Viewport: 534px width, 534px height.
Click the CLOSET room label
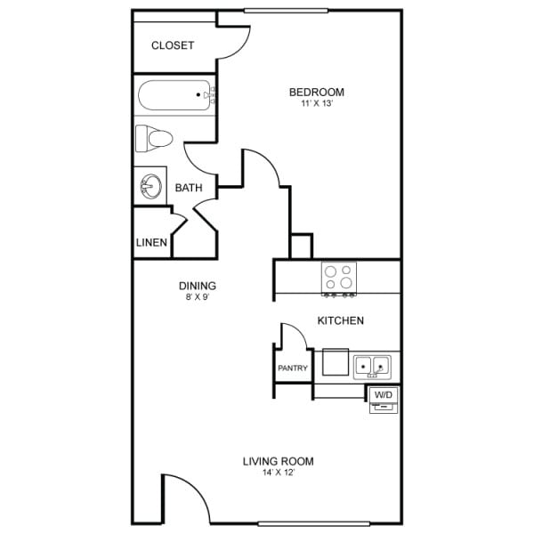click(x=173, y=45)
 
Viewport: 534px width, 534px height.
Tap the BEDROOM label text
click(x=317, y=92)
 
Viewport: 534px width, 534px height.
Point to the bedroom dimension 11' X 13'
click(x=317, y=104)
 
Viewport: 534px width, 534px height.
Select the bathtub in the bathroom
click(x=175, y=93)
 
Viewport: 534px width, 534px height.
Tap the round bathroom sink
click(x=150, y=187)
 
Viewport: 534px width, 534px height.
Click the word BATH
click(x=189, y=188)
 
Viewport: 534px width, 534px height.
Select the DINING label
click(x=198, y=286)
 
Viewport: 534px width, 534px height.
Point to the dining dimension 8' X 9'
click(x=198, y=296)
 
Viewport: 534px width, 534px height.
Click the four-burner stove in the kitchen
click(x=339, y=278)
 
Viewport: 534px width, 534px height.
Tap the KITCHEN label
click(x=341, y=320)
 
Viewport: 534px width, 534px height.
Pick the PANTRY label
click(x=293, y=368)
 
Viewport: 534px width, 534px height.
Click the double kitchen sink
click(x=372, y=365)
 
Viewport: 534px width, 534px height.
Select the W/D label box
click(x=383, y=393)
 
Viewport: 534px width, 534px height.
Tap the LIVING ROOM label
click(x=279, y=461)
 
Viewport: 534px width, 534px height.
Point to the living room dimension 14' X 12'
click(x=279, y=473)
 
